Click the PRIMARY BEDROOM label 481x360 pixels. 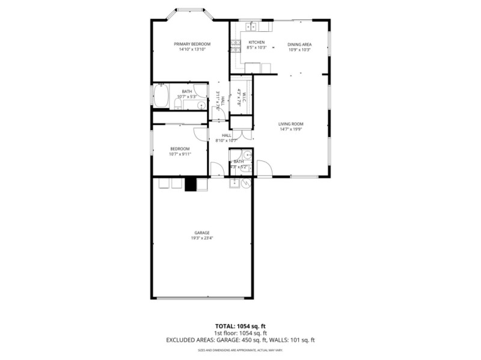click(192, 44)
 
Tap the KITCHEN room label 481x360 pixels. click(256, 42)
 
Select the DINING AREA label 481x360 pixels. click(299, 44)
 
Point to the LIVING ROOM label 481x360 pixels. click(290, 124)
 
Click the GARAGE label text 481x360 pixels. click(201, 233)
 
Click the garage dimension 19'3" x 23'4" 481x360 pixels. click(201, 238)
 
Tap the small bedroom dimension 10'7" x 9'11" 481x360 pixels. click(179, 154)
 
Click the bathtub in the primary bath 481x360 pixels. click(161, 96)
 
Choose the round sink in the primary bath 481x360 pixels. click(201, 106)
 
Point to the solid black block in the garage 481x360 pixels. click(191, 184)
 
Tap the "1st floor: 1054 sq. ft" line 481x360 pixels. click(240, 333)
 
